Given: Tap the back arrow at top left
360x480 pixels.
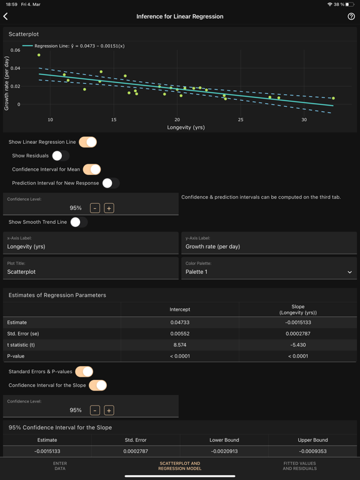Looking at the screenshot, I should click(x=6, y=16).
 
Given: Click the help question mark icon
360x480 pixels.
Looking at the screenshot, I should click(x=351, y=16).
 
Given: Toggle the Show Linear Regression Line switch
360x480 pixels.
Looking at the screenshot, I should click(x=88, y=142).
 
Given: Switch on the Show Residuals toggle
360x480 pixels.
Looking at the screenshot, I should click(x=60, y=156).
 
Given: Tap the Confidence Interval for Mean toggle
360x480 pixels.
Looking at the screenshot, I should click(x=92, y=169).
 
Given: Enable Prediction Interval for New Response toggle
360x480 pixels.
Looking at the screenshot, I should click(x=110, y=183).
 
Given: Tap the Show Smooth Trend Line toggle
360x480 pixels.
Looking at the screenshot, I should click(x=78, y=222).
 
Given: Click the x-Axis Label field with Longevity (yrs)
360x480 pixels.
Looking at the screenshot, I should click(x=91, y=246).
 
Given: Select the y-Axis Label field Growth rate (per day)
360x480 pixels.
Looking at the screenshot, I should click(x=269, y=246).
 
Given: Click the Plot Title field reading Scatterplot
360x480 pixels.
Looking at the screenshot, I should click(x=91, y=272).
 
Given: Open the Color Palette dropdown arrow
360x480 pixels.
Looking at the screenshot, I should click(x=349, y=272).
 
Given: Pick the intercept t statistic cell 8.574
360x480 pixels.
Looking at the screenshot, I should click(x=179, y=345).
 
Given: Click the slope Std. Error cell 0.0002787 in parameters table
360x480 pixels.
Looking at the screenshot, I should click(x=297, y=334).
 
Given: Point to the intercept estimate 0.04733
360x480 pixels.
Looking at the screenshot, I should click(x=179, y=322).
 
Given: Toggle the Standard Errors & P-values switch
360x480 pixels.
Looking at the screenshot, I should click(x=84, y=372).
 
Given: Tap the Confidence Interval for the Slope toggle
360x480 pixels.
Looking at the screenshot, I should click(x=98, y=386).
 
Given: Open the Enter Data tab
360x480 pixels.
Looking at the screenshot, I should click(x=60, y=466).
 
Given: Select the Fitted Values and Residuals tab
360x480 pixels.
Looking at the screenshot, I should click(x=299, y=466).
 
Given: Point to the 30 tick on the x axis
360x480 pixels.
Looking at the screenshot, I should click(x=304, y=120).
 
